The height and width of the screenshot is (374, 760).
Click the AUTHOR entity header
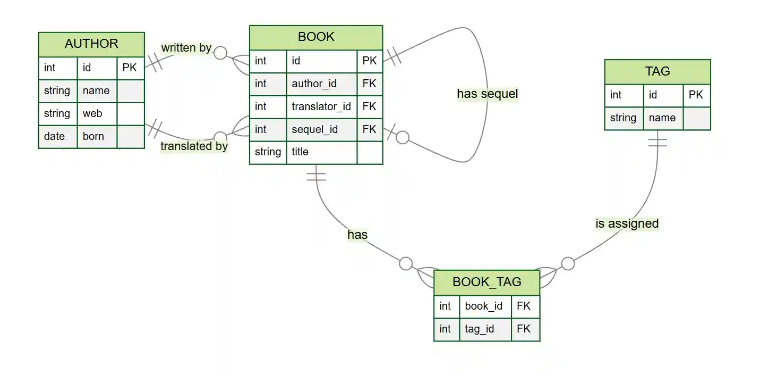(91, 44)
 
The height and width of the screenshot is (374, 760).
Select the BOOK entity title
(316, 37)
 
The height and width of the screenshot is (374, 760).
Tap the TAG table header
(657, 71)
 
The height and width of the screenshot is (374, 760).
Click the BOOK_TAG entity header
(486, 282)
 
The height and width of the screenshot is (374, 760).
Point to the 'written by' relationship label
(186, 48)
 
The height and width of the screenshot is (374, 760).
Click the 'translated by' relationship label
(194, 146)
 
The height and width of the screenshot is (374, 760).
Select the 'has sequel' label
(487, 94)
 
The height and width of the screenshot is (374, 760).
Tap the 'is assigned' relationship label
(627, 223)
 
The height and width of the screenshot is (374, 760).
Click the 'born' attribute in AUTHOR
(93, 137)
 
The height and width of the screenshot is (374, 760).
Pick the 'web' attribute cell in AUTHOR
(92, 114)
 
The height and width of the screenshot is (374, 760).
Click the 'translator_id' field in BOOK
(321, 107)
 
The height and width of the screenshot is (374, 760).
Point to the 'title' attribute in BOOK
(300, 152)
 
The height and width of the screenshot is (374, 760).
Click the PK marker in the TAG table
(696, 95)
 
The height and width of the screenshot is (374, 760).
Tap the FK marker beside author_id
(369, 84)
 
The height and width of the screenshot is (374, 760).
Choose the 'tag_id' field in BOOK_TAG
(479, 329)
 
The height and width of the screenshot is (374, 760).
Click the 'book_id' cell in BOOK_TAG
(483, 306)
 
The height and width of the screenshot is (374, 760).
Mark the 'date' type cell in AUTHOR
(54, 137)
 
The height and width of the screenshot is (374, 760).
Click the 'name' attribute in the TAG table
(662, 118)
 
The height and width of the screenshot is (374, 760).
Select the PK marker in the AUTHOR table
(130, 68)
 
